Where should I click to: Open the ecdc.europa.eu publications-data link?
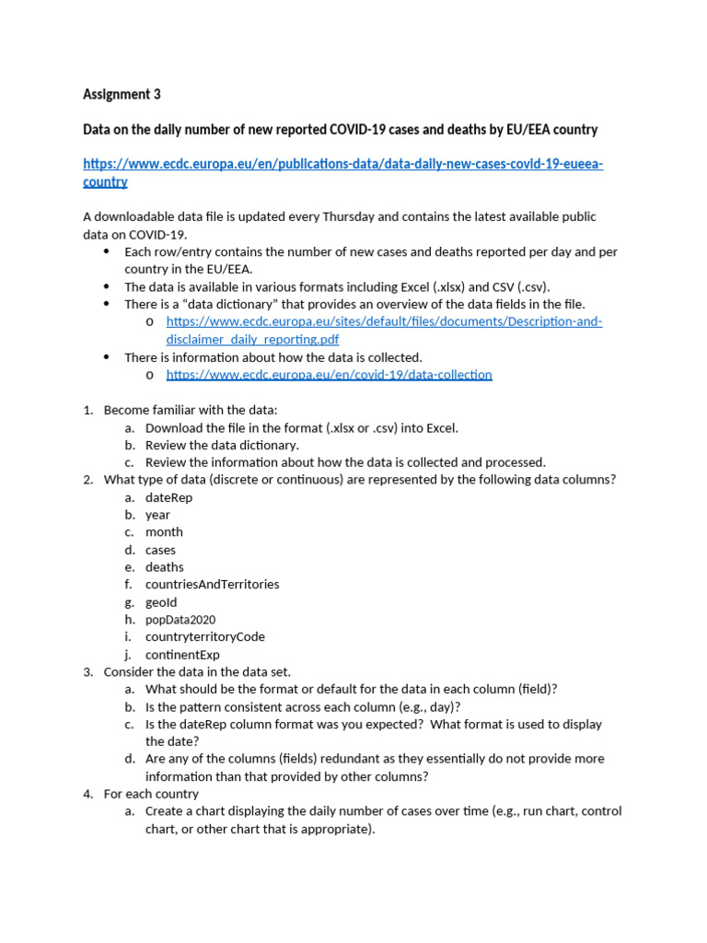342,164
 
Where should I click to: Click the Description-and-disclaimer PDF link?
384,321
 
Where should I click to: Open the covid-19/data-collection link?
329,375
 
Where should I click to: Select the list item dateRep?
168,497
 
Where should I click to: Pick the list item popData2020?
180,620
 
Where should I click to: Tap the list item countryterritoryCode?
205,636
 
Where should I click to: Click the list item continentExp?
182,655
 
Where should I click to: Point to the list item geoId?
161,602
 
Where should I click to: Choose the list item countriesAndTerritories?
212,584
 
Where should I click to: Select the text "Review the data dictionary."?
222,445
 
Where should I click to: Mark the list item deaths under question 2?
164,567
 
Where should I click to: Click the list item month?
164,532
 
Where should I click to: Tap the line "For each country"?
151,794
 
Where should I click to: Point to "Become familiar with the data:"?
191,410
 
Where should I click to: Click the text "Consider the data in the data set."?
197,671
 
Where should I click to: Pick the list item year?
157,515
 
